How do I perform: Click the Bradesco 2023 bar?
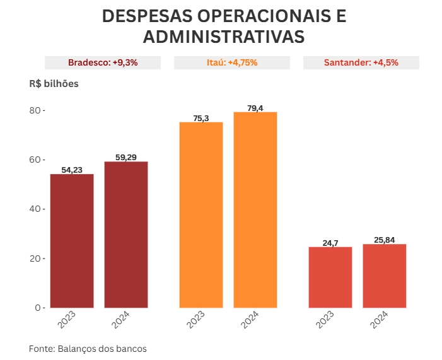(x=72, y=241)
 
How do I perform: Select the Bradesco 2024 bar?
(x=126, y=235)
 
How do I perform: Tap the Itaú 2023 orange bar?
(x=201, y=214)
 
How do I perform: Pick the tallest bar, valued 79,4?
(x=255, y=209)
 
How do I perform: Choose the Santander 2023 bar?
(x=330, y=277)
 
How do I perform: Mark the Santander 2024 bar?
(x=385, y=276)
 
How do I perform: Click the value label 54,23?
(x=72, y=170)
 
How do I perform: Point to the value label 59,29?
(x=126, y=157)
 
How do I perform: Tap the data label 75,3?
(x=201, y=118)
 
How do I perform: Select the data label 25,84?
(x=385, y=240)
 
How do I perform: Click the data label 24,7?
(x=330, y=242)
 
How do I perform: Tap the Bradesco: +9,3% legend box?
(x=103, y=62)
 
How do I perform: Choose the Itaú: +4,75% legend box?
(x=232, y=62)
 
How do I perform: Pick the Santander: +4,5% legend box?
(x=361, y=62)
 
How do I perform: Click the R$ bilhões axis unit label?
(x=54, y=83)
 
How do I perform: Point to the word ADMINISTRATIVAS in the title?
(x=224, y=37)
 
